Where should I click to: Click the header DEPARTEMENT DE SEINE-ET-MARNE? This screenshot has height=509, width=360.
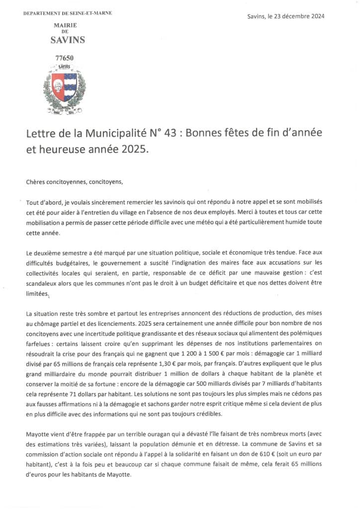click(x=68, y=12)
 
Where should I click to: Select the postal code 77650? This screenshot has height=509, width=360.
click(x=64, y=58)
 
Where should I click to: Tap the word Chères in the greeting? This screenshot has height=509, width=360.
click(x=36, y=182)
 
